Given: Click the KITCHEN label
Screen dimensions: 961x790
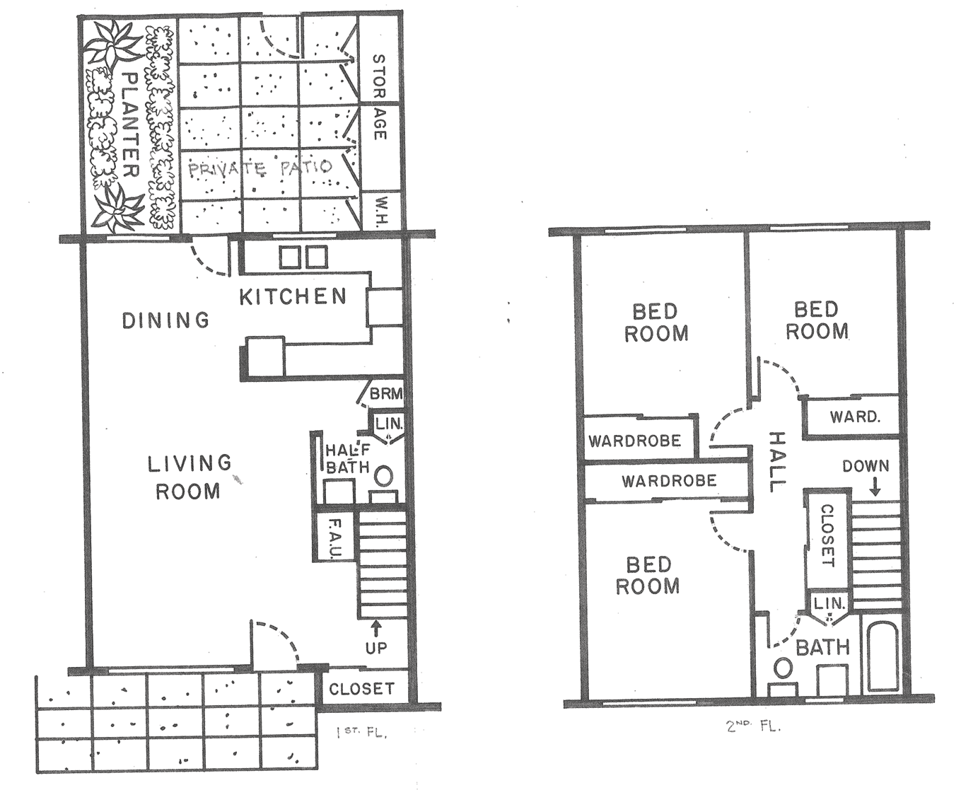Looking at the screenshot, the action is coord(293,297).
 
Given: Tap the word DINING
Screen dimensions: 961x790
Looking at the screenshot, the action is coord(166,320).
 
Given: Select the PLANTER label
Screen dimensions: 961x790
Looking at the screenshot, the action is coord(132,124).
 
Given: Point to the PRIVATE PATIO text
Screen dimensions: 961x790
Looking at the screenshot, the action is coord(260,168).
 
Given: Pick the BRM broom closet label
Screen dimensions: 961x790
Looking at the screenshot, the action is coord(386,393).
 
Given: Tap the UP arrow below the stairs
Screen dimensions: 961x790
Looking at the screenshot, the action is coord(376,629).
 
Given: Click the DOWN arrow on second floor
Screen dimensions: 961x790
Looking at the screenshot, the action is coord(875,487).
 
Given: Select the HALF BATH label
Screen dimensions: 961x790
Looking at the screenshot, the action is coord(348,459).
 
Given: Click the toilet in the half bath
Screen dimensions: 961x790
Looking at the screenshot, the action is coord(384,477).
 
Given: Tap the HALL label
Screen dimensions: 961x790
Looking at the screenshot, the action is coord(778,462).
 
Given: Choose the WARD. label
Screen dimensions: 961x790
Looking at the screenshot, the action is coord(854,417).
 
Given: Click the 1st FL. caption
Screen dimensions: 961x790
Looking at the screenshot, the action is coord(361,733).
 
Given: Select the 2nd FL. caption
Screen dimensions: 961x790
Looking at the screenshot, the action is coord(753,726).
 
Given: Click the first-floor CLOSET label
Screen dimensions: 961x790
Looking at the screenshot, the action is coord(362,689).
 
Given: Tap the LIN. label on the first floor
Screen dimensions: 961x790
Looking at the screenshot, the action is coord(389,424).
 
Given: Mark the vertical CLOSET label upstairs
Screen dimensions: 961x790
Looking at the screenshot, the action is coord(827,535).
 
